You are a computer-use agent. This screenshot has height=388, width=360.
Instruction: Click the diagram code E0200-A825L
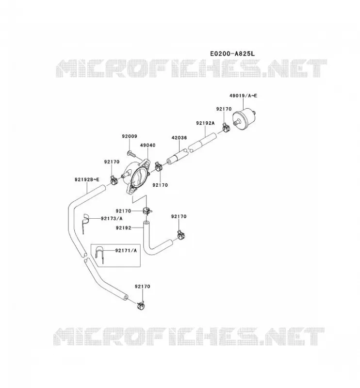pos(232,53)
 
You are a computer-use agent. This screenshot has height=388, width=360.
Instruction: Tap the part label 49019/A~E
pos(243,96)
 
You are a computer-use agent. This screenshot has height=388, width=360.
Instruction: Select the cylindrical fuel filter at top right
pos(244,119)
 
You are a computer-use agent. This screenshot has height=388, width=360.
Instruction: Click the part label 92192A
pos(205,123)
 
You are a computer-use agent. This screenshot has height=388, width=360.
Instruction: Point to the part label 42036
pos(179,138)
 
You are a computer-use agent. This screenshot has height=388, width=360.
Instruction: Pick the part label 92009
pos(129,136)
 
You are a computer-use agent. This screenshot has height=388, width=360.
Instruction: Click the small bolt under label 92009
pos(131,154)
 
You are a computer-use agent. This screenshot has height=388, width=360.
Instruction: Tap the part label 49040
pos(148,145)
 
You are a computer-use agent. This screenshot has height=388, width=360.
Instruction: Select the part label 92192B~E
pos(87,179)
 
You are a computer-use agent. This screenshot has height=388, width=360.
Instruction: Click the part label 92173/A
pos(112,219)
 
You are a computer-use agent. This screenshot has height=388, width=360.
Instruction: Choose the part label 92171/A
pos(126,250)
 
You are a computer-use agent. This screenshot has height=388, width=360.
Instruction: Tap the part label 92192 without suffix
pos(123,227)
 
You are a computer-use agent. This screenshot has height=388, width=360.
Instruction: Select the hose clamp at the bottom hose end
pos(141,306)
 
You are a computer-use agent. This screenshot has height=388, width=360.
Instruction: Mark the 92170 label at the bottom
pos(142,286)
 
